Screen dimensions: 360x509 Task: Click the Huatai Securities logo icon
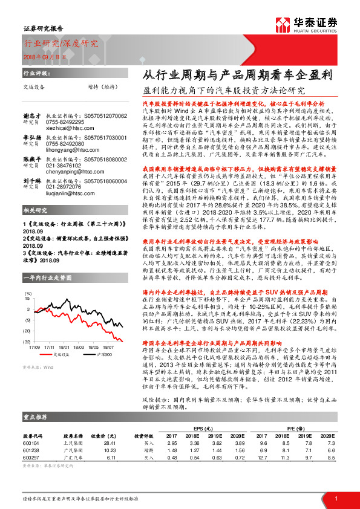point(286,26)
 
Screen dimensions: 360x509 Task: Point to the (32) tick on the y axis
point(27,342)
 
